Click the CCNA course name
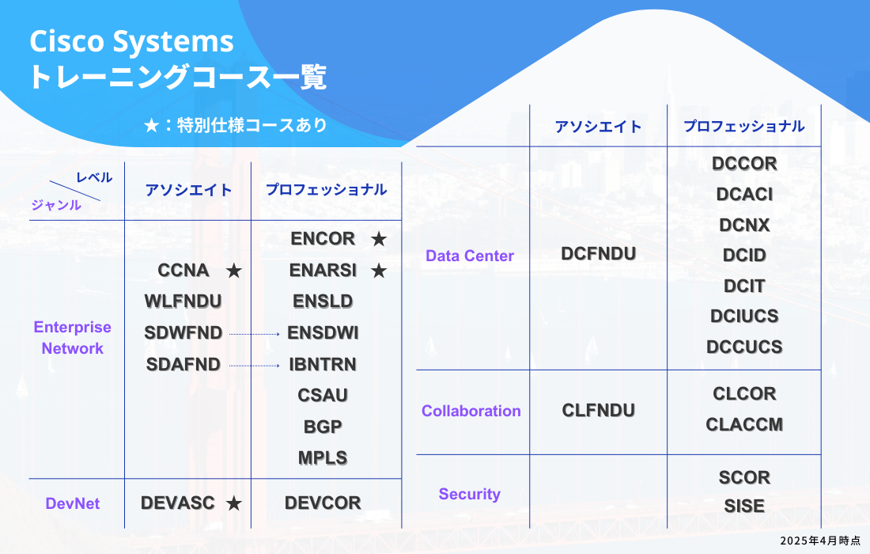tap(183, 271)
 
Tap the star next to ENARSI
tap(379, 271)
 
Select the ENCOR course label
tap(323, 239)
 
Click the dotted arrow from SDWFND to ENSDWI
tap(255, 335)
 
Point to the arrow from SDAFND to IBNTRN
tap(255, 366)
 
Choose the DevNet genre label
tap(73, 503)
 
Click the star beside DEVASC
tap(233, 503)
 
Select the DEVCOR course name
tap(323, 503)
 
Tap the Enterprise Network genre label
tap(73, 338)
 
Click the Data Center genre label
tap(470, 256)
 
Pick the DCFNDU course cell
tap(598, 253)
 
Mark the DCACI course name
tap(744, 194)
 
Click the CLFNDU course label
tap(598, 410)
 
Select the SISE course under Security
tap(744, 507)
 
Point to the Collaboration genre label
tap(471, 411)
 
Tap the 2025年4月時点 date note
tap(819, 540)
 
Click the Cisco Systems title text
tap(131, 41)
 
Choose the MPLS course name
tap(323, 457)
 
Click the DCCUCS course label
tap(744, 347)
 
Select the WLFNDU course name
tap(183, 302)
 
